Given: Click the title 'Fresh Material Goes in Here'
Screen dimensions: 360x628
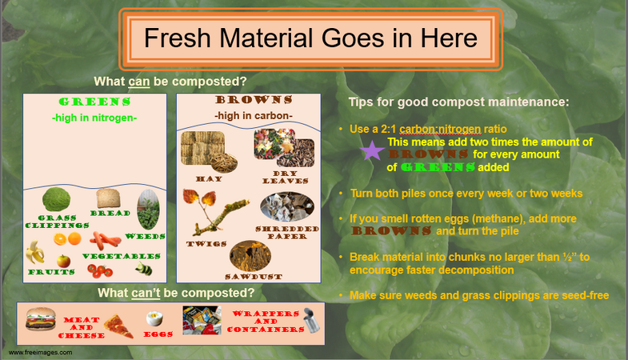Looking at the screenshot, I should coord(310,38).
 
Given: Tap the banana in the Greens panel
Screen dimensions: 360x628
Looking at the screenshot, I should coord(35,253).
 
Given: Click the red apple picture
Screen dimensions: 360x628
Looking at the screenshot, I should coord(63,261).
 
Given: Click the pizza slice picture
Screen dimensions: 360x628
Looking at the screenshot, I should coord(119,325).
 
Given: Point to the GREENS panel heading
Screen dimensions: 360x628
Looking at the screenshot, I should coord(94,102).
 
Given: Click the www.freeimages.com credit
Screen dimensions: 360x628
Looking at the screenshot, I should coord(37,352).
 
